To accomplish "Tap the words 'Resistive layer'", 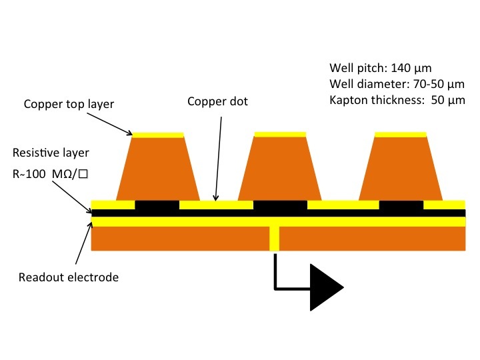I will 55,153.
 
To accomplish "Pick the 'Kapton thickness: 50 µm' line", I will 397,100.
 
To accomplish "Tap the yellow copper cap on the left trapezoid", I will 157,135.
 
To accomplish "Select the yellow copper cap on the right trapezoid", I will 400,135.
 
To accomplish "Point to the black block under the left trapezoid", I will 157,205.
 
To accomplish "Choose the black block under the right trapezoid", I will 401,205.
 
